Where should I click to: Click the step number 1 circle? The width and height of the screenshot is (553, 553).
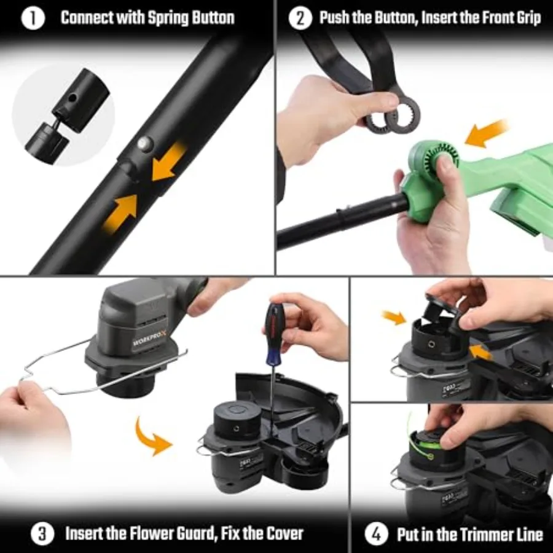coord(33,18)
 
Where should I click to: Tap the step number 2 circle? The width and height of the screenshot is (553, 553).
coord(300,18)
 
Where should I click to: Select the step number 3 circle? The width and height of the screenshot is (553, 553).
coord(42,533)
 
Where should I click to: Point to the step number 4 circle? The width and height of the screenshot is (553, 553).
coord(376,533)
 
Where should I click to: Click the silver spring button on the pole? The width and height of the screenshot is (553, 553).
coord(144,143)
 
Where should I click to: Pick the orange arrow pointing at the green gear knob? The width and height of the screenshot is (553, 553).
coord(486,133)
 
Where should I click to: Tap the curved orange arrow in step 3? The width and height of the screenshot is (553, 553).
coord(152,436)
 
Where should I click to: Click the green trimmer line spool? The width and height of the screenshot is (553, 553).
coord(426,444)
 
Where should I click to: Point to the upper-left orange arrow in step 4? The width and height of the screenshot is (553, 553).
coord(394,317)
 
